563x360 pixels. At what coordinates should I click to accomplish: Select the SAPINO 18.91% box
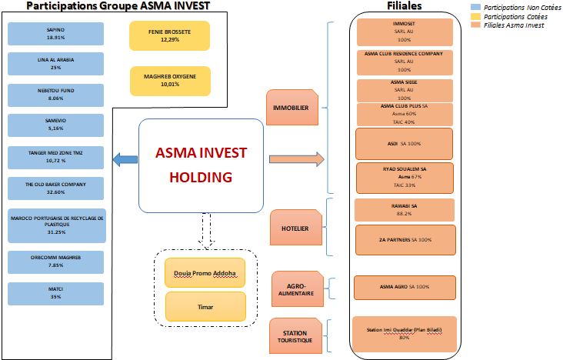[55, 33]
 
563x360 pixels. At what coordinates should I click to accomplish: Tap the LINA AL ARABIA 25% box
[55, 64]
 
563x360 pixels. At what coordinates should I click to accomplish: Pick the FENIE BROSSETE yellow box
[170, 35]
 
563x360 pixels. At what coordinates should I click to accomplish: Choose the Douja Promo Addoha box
[205, 272]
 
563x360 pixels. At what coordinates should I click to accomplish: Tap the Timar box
[205, 306]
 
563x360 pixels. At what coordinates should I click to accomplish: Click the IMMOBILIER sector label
[291, 108]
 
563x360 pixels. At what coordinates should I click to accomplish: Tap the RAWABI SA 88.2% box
[405, 210]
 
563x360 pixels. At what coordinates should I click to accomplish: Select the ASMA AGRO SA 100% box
[405, 287]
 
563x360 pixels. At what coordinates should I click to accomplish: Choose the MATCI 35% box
[55, 293]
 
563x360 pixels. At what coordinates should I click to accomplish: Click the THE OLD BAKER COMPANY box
[55, 188]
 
